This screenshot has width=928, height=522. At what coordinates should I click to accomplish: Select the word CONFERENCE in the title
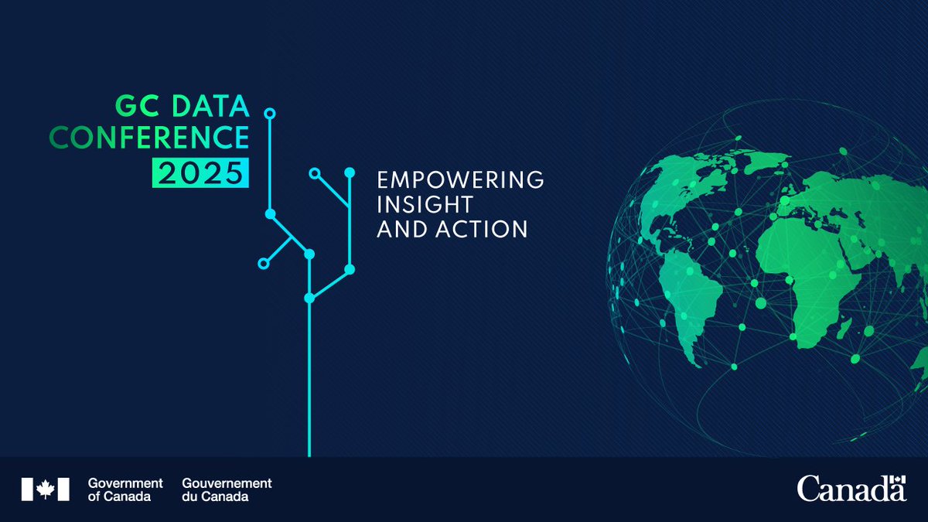coord(149,138)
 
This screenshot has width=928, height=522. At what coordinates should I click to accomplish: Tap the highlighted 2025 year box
coord(201,172)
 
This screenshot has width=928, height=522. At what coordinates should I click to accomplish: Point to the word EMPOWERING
coord(460,180)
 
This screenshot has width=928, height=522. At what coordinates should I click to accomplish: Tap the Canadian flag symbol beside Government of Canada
coord(45,489)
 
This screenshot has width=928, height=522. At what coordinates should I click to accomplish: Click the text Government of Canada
coord(125,490)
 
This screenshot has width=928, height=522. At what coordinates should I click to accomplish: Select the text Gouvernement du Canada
coord(227,490)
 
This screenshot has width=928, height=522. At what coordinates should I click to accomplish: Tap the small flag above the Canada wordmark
coord(898,482)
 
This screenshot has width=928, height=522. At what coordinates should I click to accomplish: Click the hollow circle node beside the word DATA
coord(269,114)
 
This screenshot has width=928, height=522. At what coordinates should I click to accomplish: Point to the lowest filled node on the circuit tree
coord(309,298)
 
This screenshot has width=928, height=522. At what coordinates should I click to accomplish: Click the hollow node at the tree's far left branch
coord(263,264)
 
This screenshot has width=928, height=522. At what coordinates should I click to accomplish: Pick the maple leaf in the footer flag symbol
coord(45,489)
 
